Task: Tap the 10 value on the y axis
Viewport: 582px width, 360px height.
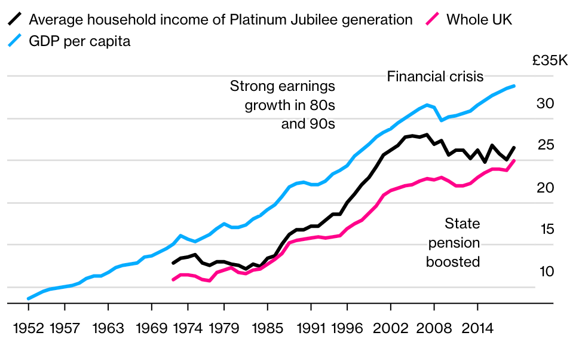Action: click(x=547, y=271)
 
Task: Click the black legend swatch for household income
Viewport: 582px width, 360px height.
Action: click(x=16, y=20)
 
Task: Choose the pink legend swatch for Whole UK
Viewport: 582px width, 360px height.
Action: click(x=433, y=20)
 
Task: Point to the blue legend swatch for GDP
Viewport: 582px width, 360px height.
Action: click(x=16, y=41)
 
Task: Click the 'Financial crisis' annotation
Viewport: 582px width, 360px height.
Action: click(x=435, y=77)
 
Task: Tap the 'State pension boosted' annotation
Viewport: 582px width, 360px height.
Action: click(x=454, y=243)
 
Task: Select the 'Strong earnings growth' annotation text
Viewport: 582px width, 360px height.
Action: click(x=283, y=105)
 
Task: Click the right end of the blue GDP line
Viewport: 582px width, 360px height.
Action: click(x=514, y=86)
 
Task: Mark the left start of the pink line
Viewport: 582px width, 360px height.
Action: click(x=173, y=279)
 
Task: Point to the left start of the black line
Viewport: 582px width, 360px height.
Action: click(x=173, y=263)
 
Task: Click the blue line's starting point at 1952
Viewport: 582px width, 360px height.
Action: click(x=28, y=298)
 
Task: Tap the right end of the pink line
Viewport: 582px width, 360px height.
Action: click(x=514, y=161)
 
